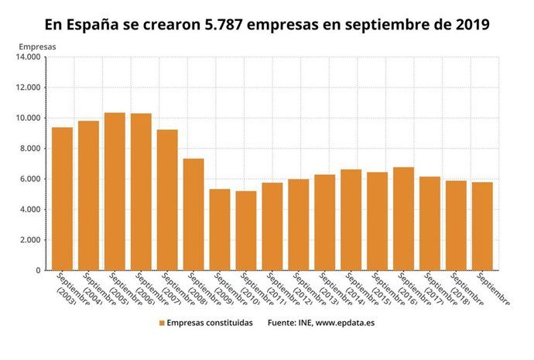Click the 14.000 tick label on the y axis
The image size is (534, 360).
[27, 57]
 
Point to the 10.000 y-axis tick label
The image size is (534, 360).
[27, 118]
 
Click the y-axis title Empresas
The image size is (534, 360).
[37, 45]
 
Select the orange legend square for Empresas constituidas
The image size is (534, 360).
[162, 323]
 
